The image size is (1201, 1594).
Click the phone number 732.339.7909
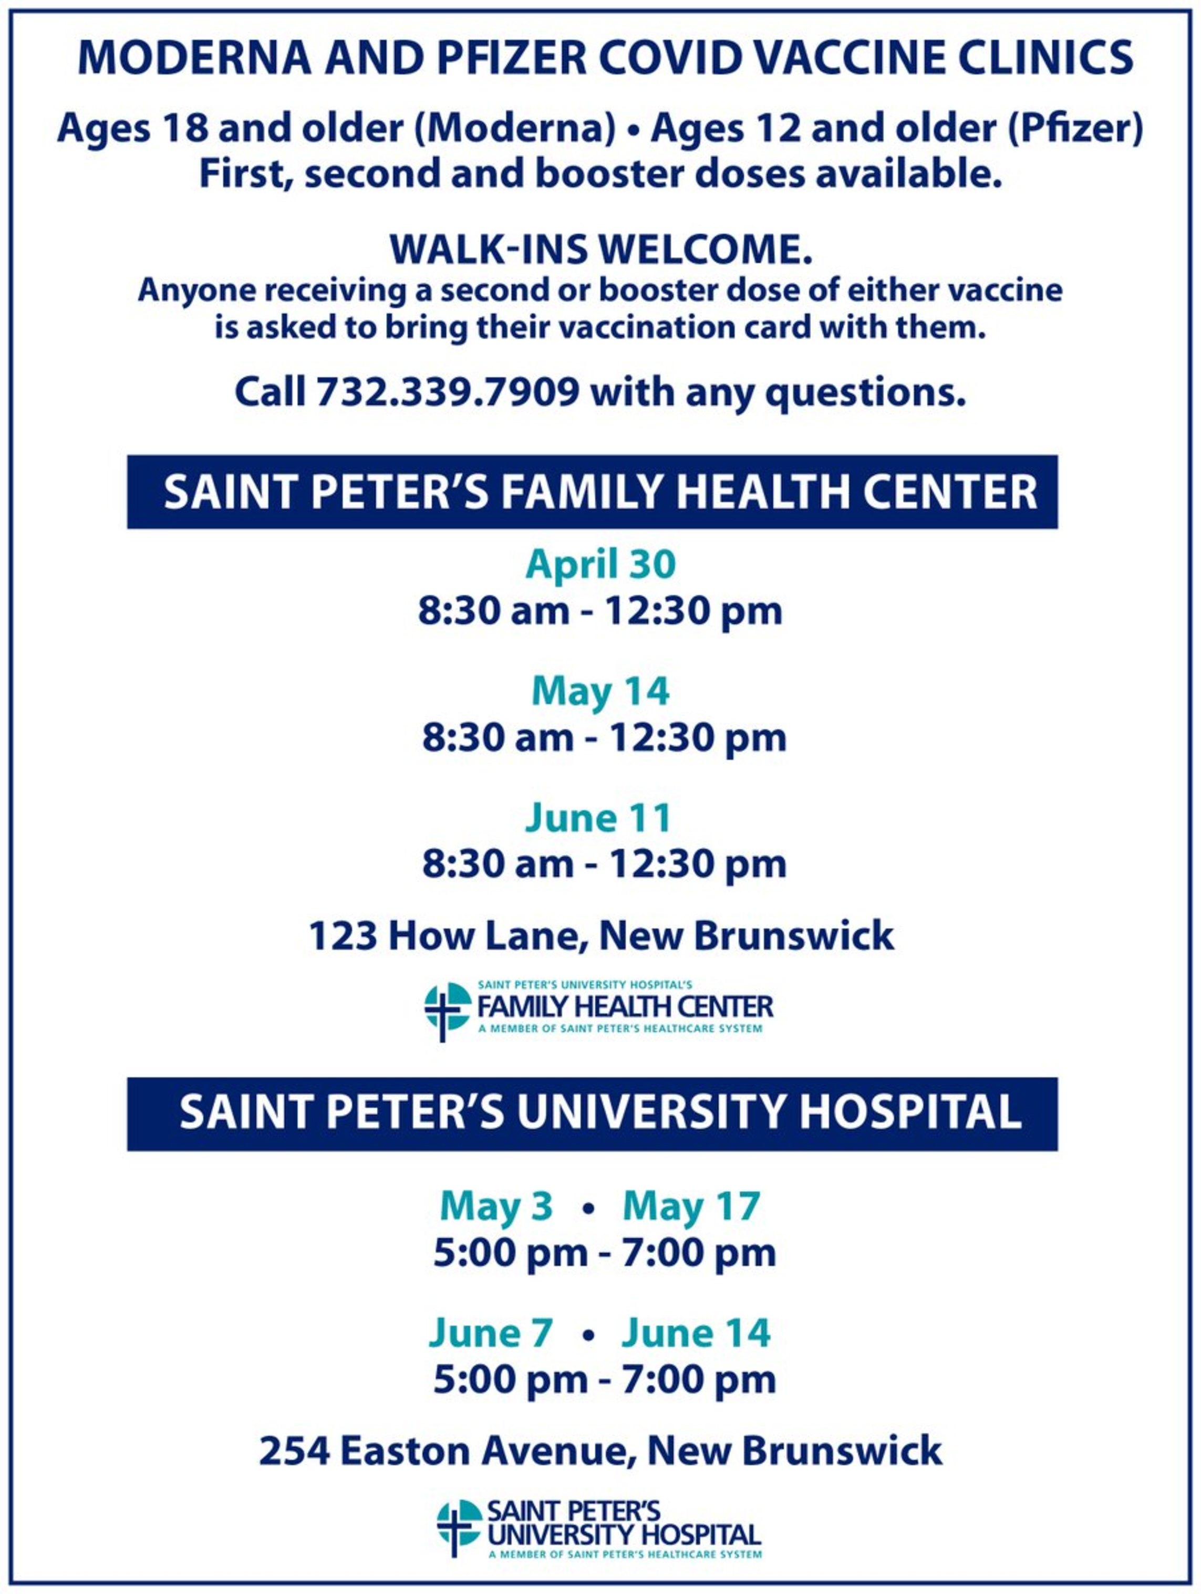tap(448, 391)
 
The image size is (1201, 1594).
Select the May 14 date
tap(600, 691)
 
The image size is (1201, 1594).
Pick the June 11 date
tap(598, 818)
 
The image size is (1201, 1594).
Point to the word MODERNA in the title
tap(194, 58)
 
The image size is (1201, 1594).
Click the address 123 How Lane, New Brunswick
tap(601, 935)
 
